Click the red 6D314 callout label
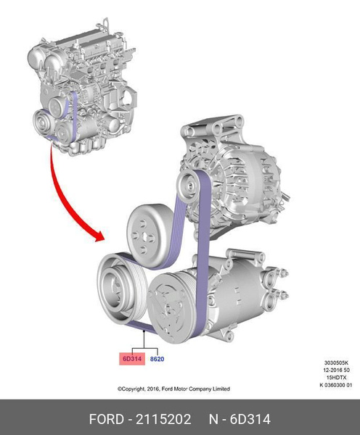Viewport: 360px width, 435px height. (x=131, y=357)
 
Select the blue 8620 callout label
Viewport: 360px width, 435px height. (x=157, y=357)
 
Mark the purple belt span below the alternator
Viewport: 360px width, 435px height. (x=203, y=232)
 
